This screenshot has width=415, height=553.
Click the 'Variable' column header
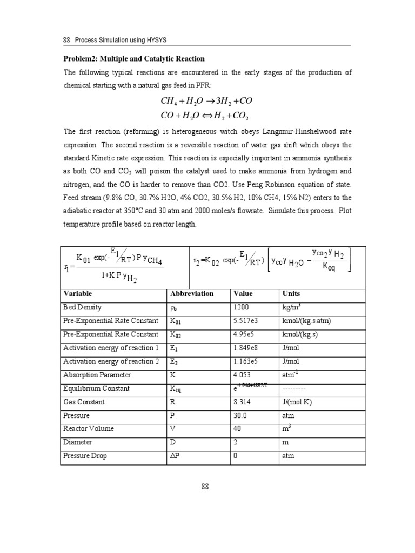point(78,294)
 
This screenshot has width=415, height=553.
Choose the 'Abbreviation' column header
point(192,294)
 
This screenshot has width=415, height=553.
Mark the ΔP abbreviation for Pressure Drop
point(176,456)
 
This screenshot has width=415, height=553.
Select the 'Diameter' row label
point(78,442)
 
